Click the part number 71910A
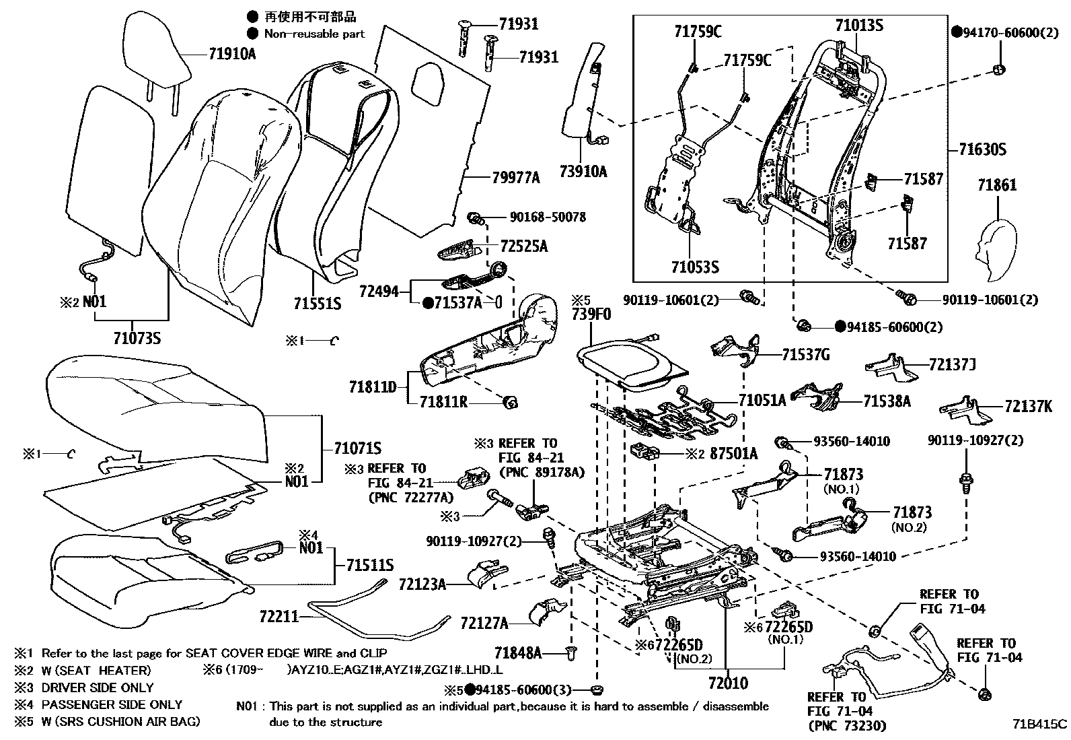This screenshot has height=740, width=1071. click(231, 54)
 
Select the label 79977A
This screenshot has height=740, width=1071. click(515, 178)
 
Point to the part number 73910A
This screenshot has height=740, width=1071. click(583, 172)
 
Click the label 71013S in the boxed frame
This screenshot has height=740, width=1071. click(859, 26)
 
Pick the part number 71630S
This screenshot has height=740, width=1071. click(983, 149)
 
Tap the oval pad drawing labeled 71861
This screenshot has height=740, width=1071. click(998, 249)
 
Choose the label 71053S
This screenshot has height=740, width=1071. click(695, 267)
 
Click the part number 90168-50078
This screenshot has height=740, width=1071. click(547, 217)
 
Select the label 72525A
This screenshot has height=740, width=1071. click(523, 246)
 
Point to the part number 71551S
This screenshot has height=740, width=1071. click(317, 304)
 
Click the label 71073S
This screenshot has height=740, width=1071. click(137, 338)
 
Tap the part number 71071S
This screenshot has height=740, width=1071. click(358, 448)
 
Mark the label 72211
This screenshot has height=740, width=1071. click(279, 615)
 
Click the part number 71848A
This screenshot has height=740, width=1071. click(517, 652)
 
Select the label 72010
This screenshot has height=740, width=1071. click(728, 684)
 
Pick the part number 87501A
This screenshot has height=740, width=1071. click(733, 454)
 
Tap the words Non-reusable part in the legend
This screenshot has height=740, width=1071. click(314, 34)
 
